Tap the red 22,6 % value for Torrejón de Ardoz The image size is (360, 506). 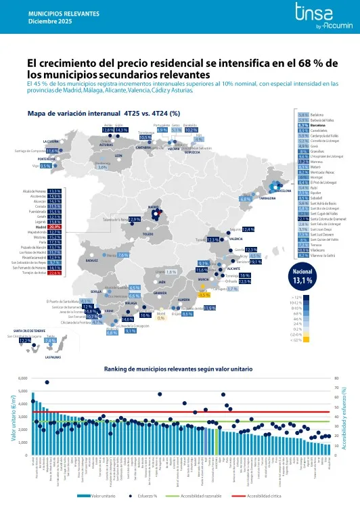tap(55, 273)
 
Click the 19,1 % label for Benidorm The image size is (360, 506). tap(256, 261)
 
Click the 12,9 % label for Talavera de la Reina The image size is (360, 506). tap(134, 219)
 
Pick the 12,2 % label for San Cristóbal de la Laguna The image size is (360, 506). tap(25, 340)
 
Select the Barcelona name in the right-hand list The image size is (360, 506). tap(319, 125)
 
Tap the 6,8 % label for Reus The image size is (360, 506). tap(245, 199)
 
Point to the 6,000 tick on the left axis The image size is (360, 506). tap(23, 378)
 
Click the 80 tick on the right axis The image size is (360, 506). tap(336, 378)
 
